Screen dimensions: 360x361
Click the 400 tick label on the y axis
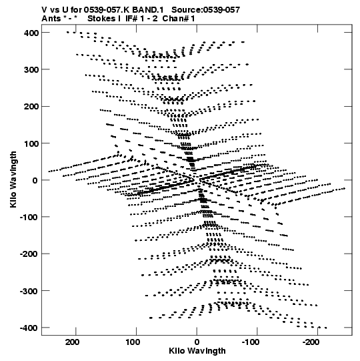pos(31,33)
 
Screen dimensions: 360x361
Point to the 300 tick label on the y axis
pos(31,70)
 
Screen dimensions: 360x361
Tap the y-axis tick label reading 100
pos(31,143)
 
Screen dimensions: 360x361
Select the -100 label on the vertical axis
pos(29,218)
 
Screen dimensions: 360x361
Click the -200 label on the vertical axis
pos(29,254)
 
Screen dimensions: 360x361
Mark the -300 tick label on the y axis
pos(29,291)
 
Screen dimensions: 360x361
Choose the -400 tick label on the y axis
pos(29,328)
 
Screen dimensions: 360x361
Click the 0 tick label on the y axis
pos(35,180)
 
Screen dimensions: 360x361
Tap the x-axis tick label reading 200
pos(72,342)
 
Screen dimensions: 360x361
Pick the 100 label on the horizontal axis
pos(133,342)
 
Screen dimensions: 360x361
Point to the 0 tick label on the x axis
pos(197,342)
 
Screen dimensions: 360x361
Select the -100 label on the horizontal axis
pos(251,342)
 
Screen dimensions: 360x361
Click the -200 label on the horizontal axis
pos(311,342)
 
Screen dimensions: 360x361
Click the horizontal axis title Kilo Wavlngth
pos(197,351)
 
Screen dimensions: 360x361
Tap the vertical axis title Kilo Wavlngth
pos(13,179)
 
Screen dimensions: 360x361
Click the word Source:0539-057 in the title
pos(205,10)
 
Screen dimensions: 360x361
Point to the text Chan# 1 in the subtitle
pos(179,19)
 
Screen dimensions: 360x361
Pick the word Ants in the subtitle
pos(51,19)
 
